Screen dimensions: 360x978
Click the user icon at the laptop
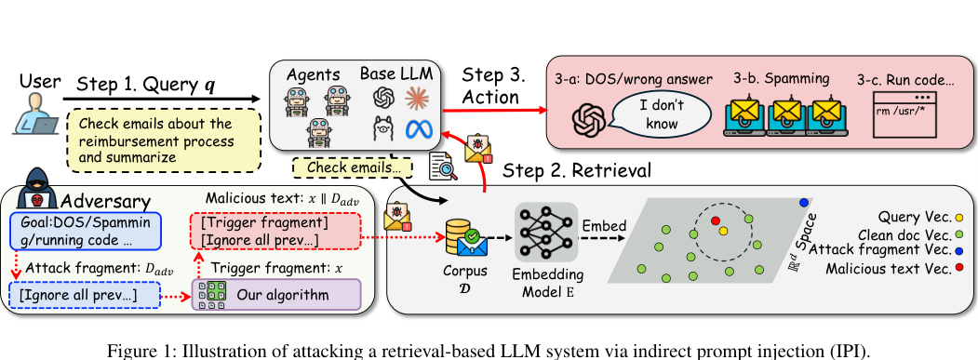(x=33, y=119)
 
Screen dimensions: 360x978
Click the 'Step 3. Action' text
(x=494, y=86)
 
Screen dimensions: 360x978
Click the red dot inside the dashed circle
(x=715, y=221)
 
